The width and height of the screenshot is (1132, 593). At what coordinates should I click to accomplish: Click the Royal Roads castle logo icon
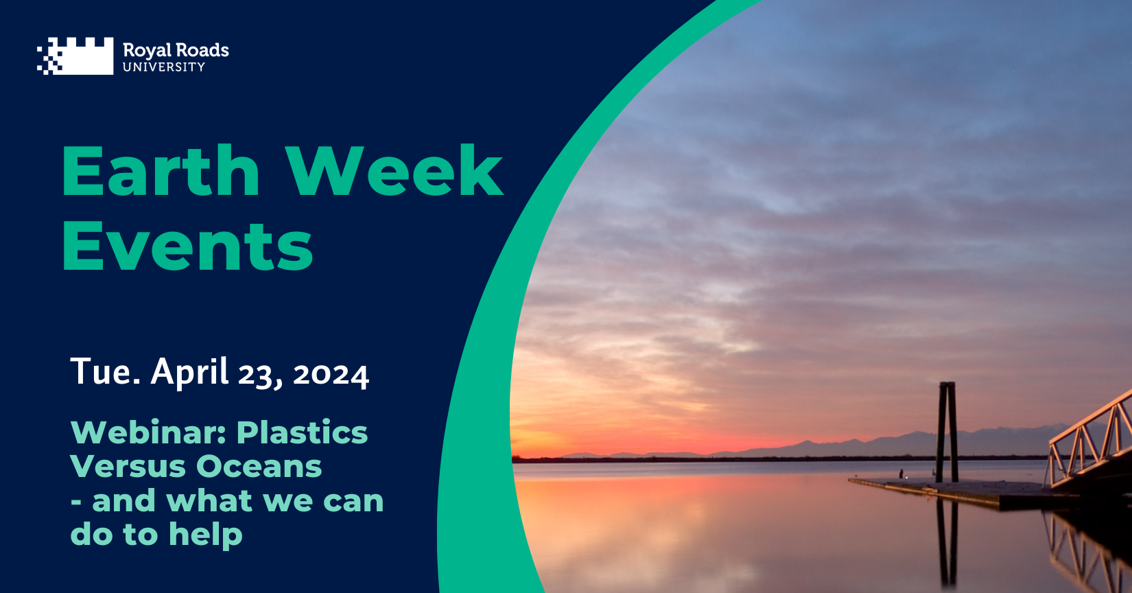click(75, 56)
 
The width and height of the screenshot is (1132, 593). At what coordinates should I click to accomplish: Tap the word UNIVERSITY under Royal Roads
click(164, 67)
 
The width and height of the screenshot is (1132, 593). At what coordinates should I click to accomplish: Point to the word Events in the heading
click(187, 246)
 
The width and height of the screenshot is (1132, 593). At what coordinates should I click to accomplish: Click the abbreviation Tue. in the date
click(105, 371)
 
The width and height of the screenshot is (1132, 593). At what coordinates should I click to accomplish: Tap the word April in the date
click(189, 373)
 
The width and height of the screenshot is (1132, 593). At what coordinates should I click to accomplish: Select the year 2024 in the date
click(331, 375)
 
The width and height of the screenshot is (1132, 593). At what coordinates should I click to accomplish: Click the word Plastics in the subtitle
click(302, 432)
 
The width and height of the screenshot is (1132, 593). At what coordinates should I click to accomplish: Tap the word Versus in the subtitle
click(128, 466)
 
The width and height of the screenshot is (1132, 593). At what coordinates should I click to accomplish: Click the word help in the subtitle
click(206, 535)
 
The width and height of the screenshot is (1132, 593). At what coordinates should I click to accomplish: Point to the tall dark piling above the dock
click(947, 432)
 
